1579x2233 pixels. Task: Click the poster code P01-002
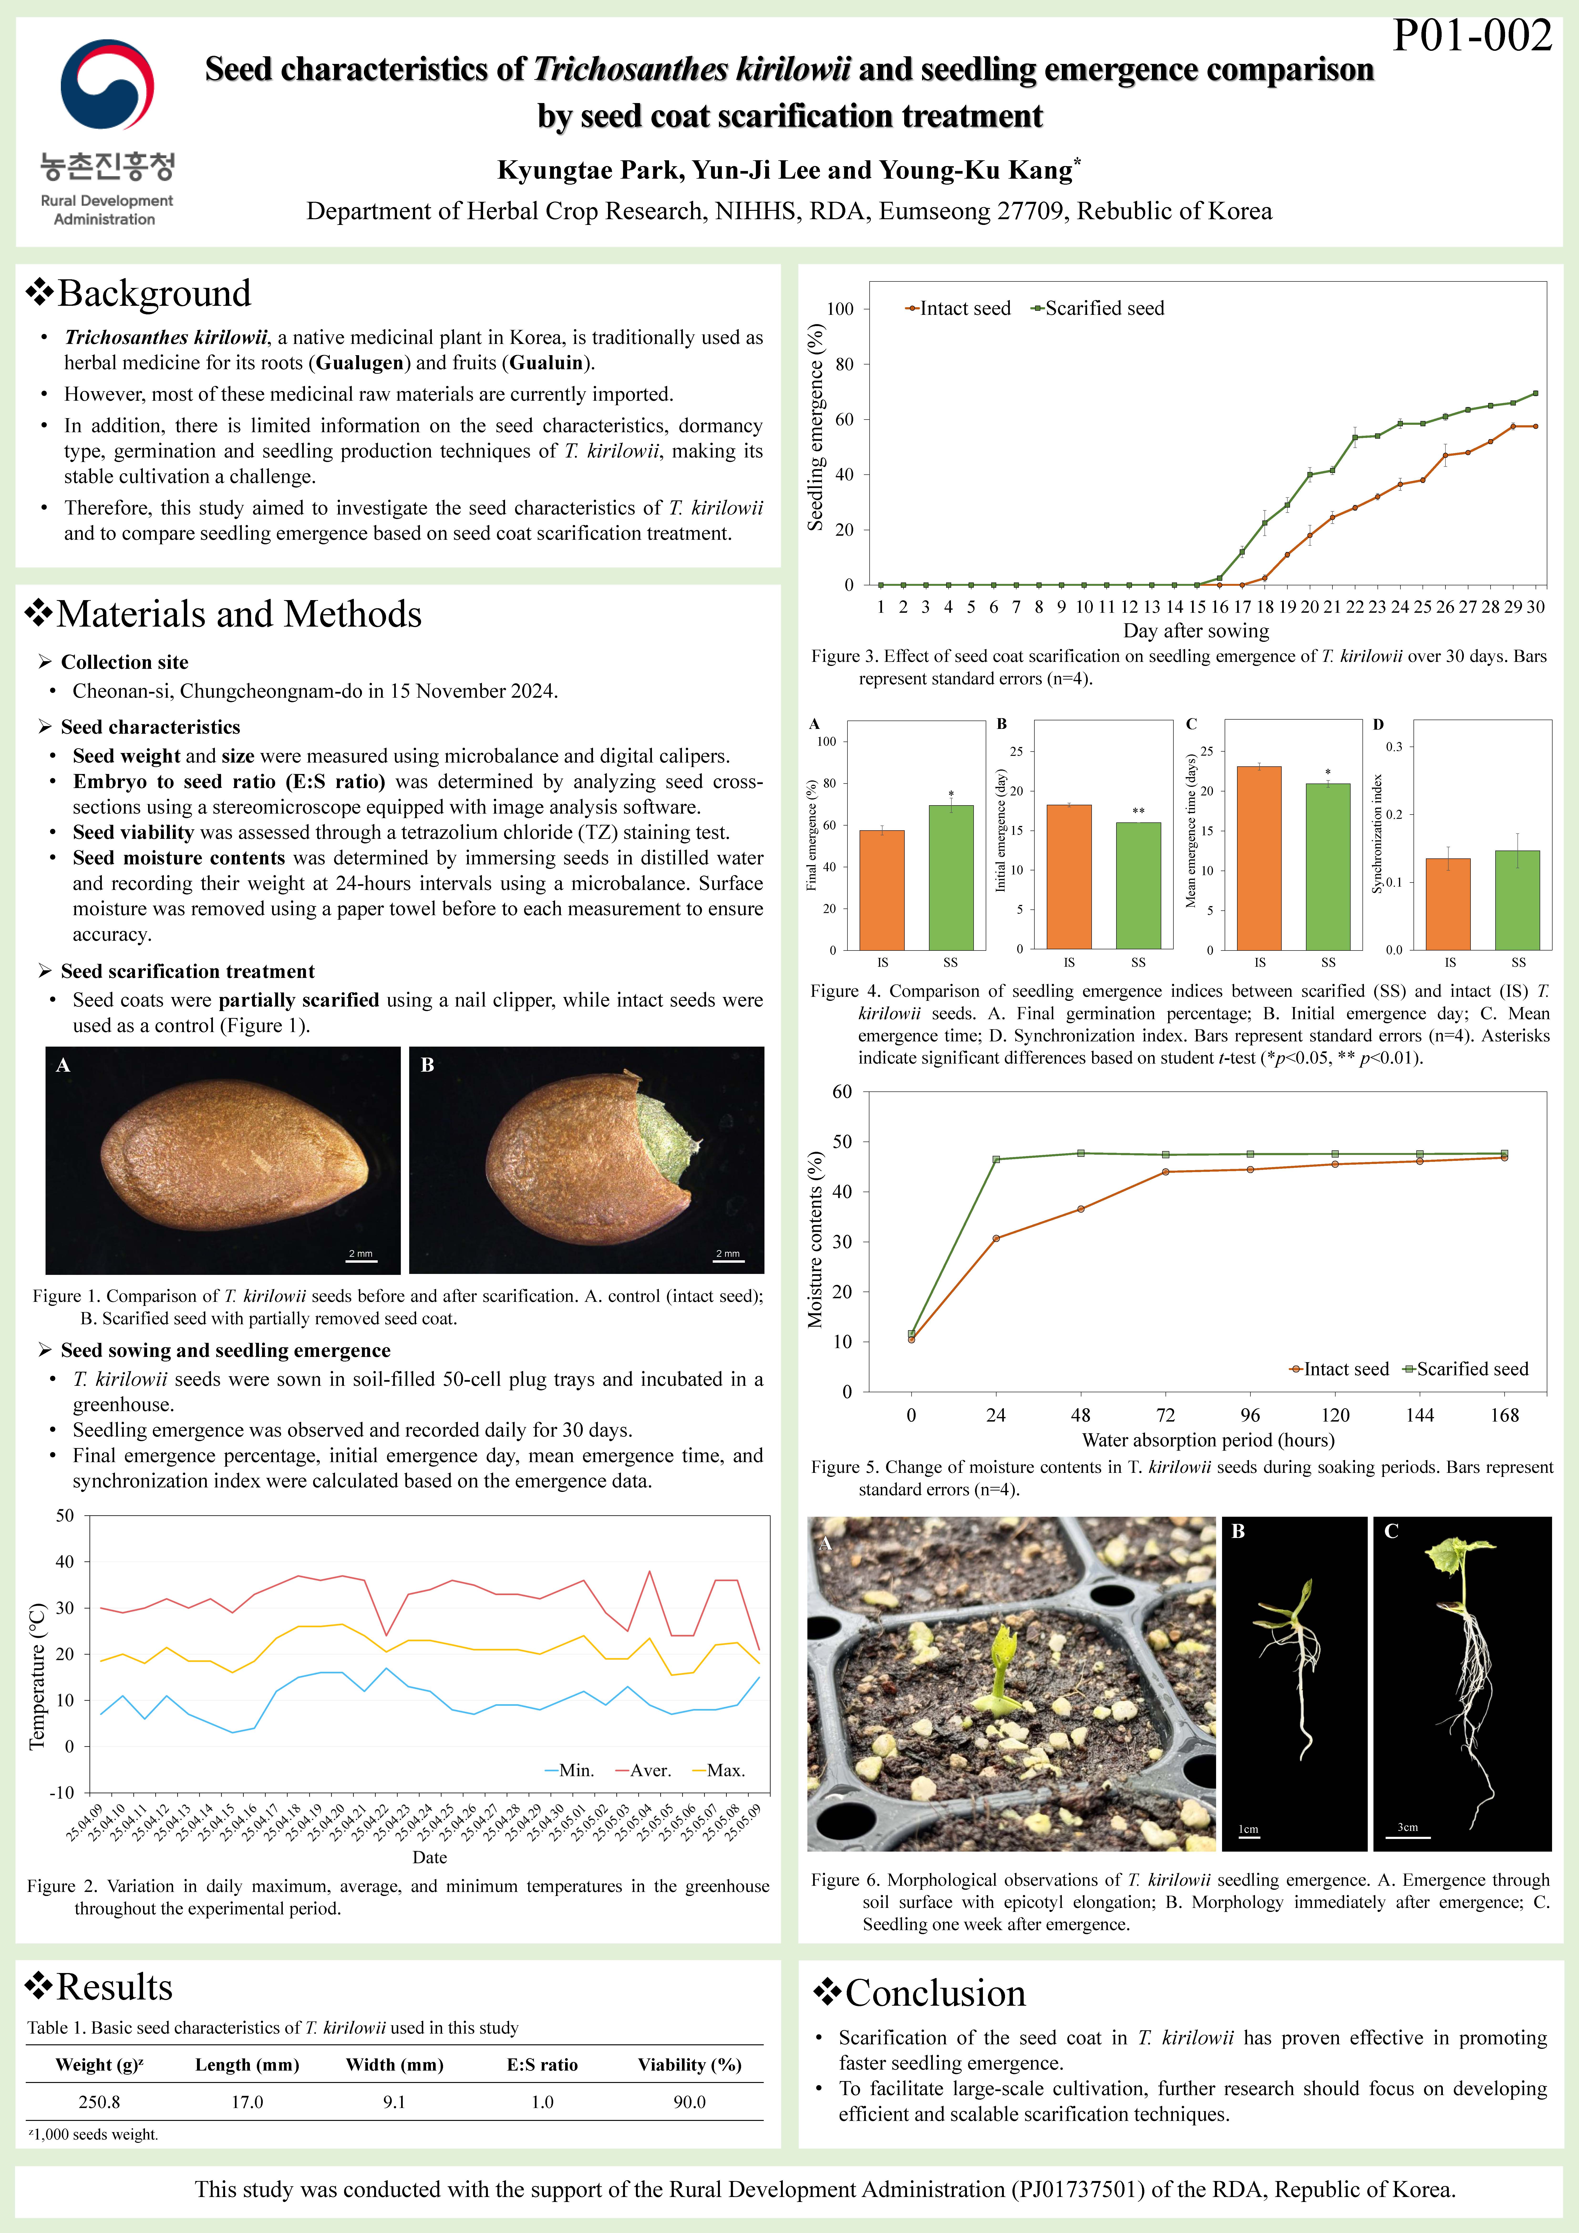(x=1472, y=36)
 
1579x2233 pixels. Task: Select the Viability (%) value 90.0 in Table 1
(x=689, y=2102)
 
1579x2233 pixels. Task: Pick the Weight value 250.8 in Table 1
(x=99, y=2102)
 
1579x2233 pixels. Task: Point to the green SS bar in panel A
(x=951, y=877)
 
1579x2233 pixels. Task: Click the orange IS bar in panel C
(x=1259, y=858)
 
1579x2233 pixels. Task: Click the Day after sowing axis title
(x=1196, y=630)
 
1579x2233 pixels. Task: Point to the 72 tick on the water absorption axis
(x=1165, y=1415)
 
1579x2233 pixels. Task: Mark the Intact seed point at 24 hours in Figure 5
(x=996, y=1238)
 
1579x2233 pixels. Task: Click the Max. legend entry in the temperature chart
(x=717, y=1770)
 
